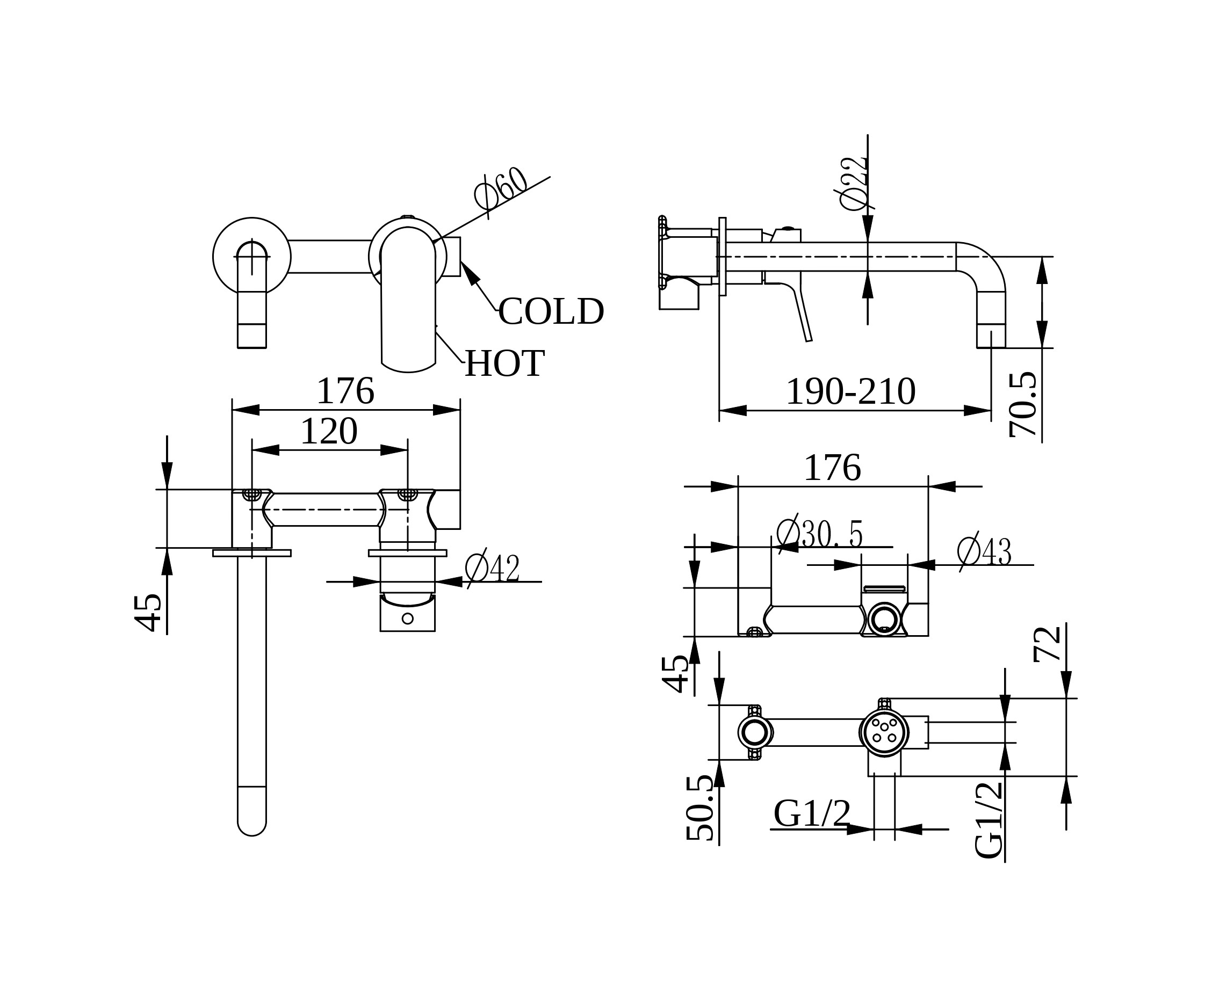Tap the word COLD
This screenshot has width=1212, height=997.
[x=551, y=311]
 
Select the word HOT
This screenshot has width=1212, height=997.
[x=504, y=363]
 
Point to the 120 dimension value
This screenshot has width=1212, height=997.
[x=329, y=431]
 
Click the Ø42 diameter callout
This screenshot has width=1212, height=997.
[x=492, y=569]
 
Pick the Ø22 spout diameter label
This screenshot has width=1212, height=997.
[x=853, y=183]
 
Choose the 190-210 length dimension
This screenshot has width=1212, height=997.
[x=850, y=392]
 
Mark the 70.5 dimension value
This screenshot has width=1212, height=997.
[x=1023, y=404]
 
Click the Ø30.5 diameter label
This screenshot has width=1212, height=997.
[x=819, y=534]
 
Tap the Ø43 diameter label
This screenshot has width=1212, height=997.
[x=984, y=552]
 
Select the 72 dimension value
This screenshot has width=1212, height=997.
[x=1047, y=644]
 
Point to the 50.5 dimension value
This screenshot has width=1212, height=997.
[x=699, y=808]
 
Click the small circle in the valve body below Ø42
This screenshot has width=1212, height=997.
[x=407, y=618]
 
